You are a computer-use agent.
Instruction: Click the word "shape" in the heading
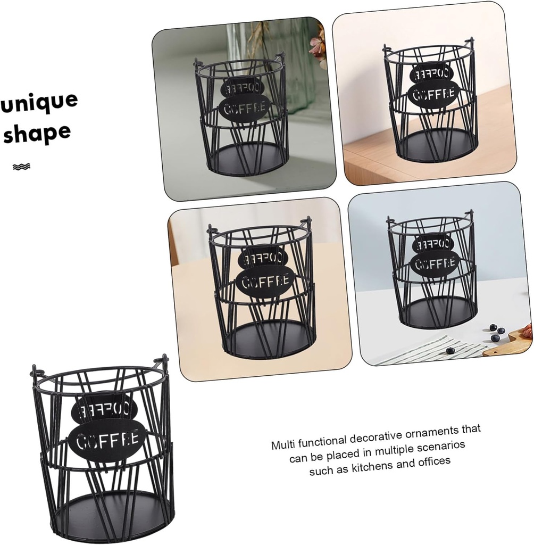tap(37, 134)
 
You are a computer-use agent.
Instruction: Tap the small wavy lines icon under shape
tap(21, 167)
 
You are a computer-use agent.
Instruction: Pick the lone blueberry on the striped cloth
tap(450, 350)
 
